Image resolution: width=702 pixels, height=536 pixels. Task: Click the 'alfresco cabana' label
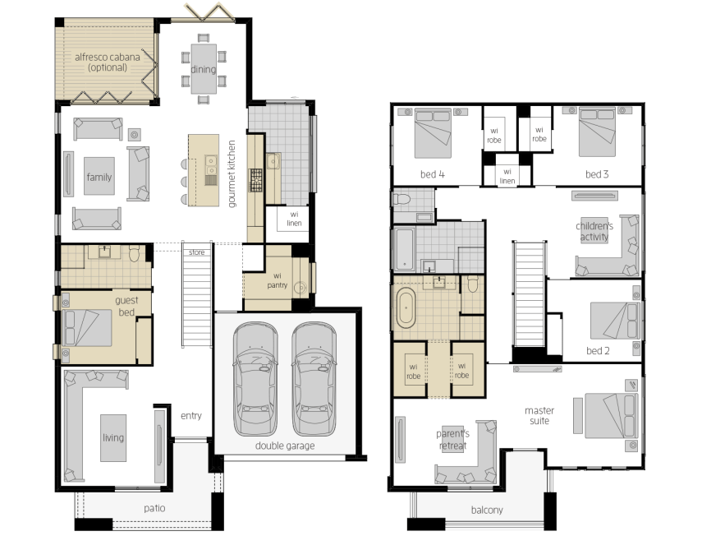(x=108, y=57)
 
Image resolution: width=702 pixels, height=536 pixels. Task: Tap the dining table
(x=204, y=68)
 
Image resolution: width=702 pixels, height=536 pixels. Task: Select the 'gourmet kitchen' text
(x=232, y=174)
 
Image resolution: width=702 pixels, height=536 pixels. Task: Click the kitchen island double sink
(x=211, y=165)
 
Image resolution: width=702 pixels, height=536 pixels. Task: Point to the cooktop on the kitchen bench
(x=255, y=181)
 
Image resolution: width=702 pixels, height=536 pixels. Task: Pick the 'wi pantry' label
(x=278, y=280)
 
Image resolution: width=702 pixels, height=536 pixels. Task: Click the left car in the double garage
(x=255, y=379)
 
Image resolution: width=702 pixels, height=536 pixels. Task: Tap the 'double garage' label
(x=285, y=446)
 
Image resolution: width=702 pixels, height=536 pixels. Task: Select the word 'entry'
(x=191, y=416)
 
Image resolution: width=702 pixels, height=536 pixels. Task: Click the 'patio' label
(x=154, y=508)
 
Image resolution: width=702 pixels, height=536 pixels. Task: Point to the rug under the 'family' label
(x=99, y=176)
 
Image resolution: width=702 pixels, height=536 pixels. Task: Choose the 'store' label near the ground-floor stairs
(x=196, y=252)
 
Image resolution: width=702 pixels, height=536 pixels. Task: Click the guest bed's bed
(x=86, y=327)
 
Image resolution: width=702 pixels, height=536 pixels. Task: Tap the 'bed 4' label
(x=433, y=174)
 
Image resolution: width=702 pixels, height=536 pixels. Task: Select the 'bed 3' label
(x=597, y=174)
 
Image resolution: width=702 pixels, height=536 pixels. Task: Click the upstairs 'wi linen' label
(x=507, y=176)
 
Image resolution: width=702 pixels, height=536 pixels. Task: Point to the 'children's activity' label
(x=594, y=231)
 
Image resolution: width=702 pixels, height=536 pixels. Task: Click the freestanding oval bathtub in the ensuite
(x=406, y=308)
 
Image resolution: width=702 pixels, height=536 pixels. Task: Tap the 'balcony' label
(x=487, y=510)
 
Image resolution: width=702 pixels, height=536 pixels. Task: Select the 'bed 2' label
(x=598, y=351)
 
